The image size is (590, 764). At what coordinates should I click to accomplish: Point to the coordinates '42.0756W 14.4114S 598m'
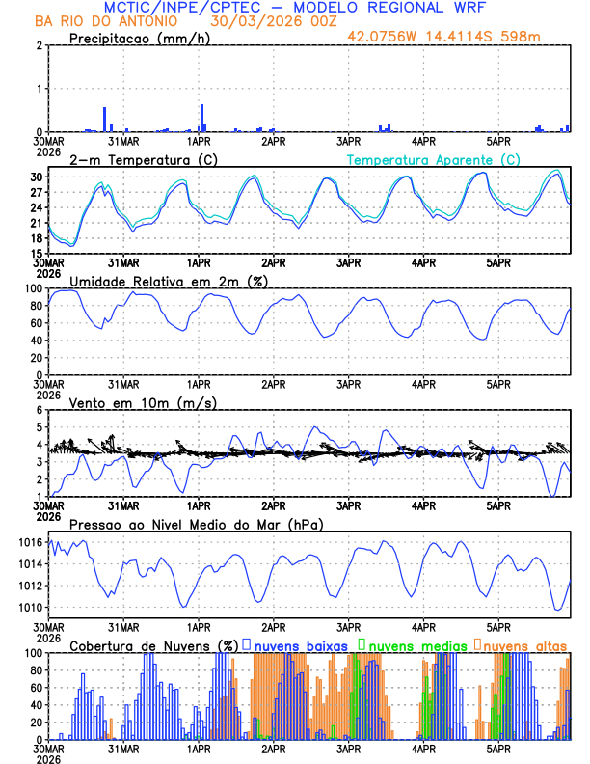(x=457, y=37)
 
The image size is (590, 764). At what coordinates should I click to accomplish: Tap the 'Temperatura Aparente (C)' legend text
(x=433, y=159)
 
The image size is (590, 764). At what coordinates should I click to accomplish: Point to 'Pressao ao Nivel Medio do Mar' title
(x=196, y=524)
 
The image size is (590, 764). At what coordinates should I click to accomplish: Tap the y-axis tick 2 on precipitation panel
(x=38, y=45)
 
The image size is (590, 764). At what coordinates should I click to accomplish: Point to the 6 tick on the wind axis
(x=38, y=410)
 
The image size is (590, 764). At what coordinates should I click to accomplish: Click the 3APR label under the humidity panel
(x=348, y=383)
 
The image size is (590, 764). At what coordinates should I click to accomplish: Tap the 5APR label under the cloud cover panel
(x=498, y=748)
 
